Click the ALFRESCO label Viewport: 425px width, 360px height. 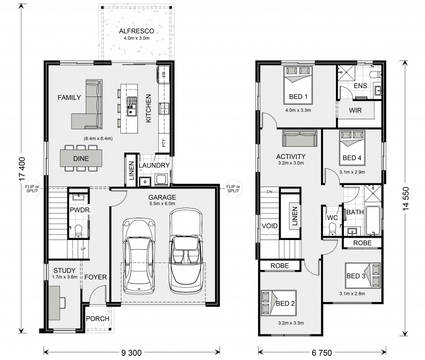(137, 31)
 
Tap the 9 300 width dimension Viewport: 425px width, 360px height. (131, 352)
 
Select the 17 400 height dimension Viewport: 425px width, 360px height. (22, 169)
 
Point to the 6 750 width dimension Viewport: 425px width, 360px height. (322, 352)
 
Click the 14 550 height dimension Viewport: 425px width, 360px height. (405, 199)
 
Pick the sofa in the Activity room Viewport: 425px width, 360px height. (299, 138)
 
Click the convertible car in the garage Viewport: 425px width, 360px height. (186, 251)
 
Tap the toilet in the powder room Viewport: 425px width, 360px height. (78, 231)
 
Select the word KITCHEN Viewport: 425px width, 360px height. (149, 108)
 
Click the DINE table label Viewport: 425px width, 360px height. (81, 158)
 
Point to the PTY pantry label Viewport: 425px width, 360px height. (164, 143)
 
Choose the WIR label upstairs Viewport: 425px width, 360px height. (355, 110)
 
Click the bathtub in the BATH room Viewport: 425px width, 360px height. (373, 220)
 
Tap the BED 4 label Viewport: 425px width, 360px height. (352, 158)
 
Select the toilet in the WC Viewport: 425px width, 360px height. (332, 229)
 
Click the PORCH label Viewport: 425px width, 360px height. (97, 319)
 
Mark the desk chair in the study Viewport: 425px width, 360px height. (62, 303)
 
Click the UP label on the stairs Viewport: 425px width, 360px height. (83, 249)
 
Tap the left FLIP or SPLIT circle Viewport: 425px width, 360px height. (32, 189)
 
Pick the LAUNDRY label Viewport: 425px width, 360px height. (154, 165)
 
